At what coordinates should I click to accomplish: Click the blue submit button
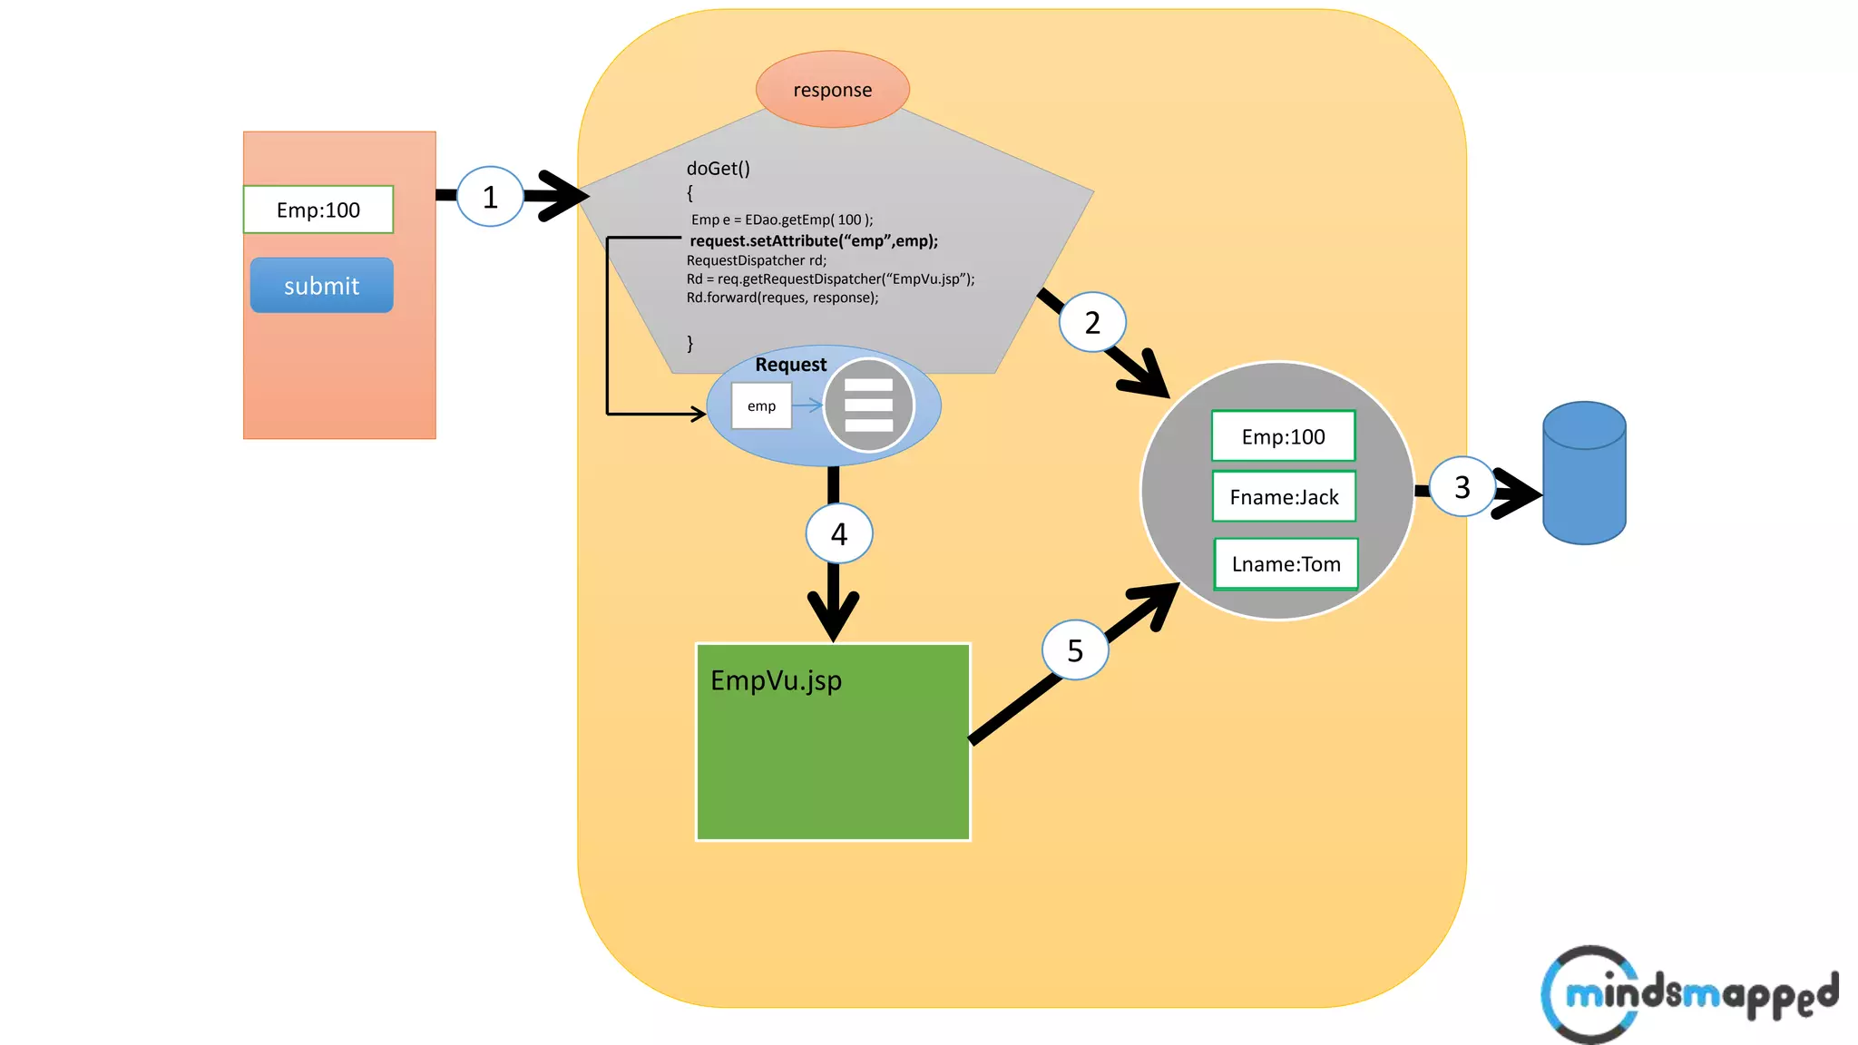coord(321,286)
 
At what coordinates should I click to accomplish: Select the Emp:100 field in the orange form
coord(318,210)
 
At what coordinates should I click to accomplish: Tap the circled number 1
coord(490,197)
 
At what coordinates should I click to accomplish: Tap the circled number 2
coord(1092,322)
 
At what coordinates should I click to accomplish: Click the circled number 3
coord(1462,487)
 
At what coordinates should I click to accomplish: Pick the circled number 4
coord(839,533)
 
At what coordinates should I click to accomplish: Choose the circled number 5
coord(1075,649)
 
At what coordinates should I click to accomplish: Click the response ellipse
coord(832,90)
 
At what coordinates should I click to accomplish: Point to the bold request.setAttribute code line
coord(814,241)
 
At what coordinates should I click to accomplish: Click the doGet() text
coord(718,169)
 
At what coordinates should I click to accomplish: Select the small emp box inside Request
coord(761,406)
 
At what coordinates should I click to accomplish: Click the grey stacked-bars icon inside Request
coord(868,405)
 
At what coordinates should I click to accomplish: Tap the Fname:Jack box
coord(1284,497)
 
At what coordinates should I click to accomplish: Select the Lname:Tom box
coord(1286,564)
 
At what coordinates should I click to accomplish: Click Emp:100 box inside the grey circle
coord(1283,437)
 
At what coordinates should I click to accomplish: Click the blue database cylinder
coord(1584,474)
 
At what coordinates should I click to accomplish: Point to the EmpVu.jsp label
coord(776,680)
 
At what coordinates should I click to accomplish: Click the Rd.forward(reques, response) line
coord(782,298)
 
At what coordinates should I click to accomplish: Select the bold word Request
coord(790,365)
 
